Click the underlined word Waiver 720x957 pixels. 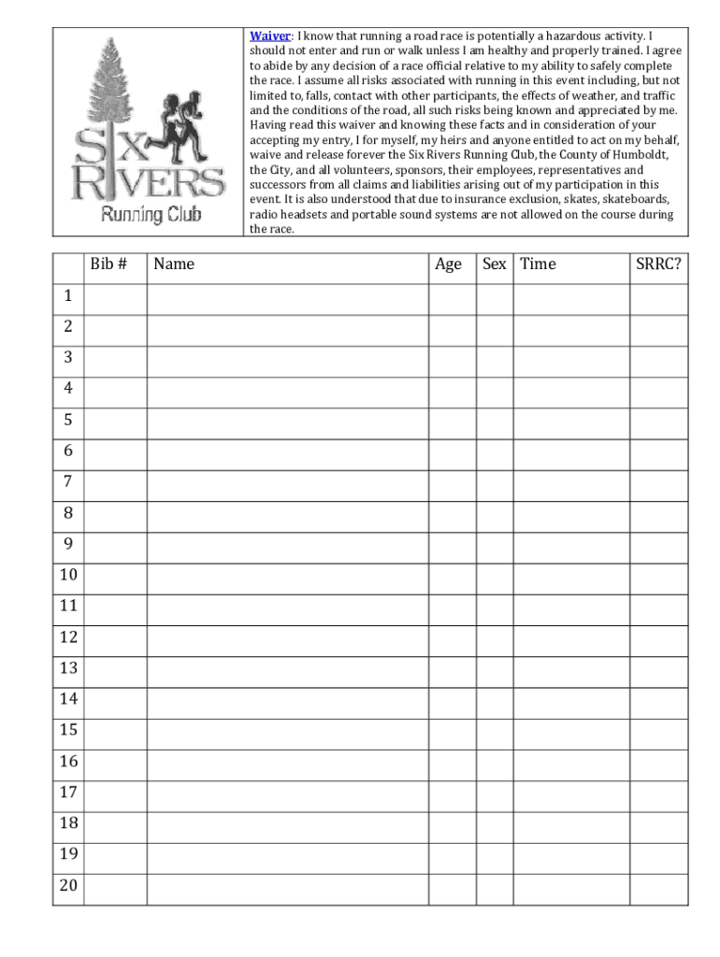(269, 36)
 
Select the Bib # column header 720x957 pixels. (108, 264)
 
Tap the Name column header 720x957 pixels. (174, 264)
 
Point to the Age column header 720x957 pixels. (448, 264)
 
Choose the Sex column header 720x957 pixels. (494, 264)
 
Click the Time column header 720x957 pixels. (538, 264)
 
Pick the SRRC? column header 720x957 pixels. (658, 264)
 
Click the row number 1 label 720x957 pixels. (68, 296)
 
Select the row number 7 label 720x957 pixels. (68, 482)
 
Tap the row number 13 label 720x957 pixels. (68, 668)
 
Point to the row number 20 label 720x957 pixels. (68, 885)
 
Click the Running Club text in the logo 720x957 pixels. (151, 215)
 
